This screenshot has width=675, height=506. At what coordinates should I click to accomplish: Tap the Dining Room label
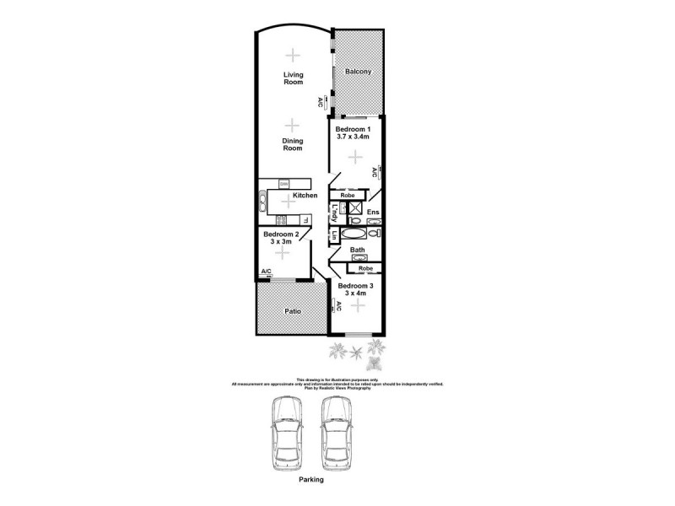[292, 143]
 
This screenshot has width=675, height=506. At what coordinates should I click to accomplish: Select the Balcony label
[359, 72]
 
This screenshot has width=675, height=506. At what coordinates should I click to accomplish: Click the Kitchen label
[305, 196]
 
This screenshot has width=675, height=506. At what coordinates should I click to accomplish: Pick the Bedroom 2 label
[281, 234]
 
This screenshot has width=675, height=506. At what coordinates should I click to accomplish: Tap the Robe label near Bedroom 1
[348, 195]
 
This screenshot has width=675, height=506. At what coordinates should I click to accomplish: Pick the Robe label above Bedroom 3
[365, 268]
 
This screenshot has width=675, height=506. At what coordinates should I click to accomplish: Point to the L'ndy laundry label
[335, 210]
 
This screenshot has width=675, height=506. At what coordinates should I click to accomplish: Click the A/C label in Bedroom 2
[266, 271]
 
